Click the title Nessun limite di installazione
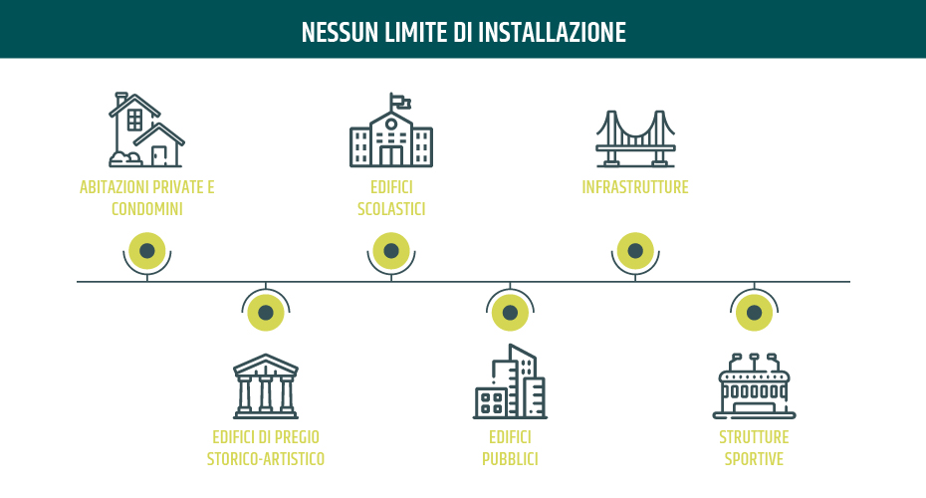click(x=463, y=31)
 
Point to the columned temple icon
click(x=266, y=385)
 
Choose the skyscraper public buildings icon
click(x=510, y=382)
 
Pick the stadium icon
click(x=754, y=386)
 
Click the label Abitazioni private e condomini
click(x=147, y=198)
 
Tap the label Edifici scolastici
click(x=391, y=198)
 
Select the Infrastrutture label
click(x=635, y=187)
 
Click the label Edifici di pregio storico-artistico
click(x=266, y=448)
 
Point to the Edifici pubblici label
click(x=510, y=448)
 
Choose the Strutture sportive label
click(x=754, y=448)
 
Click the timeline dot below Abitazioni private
click(x=147, y=251)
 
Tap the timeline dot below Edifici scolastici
click(x=391, y=251)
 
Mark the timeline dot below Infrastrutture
click(x=635, y=251)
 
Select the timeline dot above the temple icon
click(x=266, y=313)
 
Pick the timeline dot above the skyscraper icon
click(x=510, y=313)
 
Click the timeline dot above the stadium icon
click(x=754, y=313)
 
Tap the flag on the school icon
click(x=400, y=100)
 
